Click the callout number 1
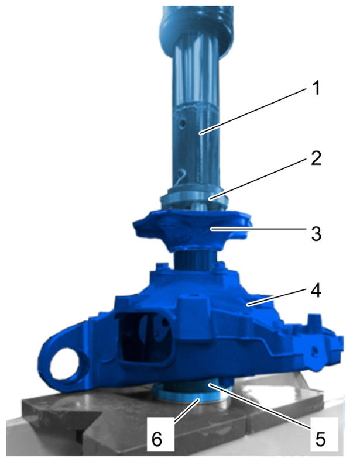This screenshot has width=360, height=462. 316,88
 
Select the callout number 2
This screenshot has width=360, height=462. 316,158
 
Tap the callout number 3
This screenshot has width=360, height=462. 316,234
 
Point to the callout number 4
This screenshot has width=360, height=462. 316,290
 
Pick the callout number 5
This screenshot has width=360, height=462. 320,440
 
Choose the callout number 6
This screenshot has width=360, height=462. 156,439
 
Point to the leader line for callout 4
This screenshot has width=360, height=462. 277,297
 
